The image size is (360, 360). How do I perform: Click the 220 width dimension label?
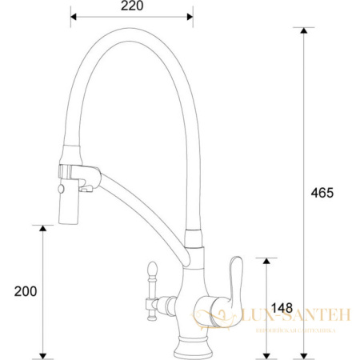(131, 6)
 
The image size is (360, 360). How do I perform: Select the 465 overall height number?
(322, 193)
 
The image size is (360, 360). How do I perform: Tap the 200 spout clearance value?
(26, 291)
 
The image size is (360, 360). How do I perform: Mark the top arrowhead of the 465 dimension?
(302, 30)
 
